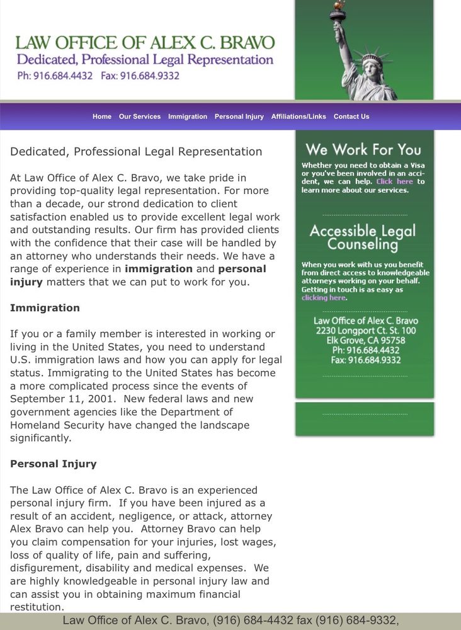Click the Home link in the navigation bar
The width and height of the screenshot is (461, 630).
coord(101,117)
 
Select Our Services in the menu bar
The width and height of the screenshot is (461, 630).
coord(140,117)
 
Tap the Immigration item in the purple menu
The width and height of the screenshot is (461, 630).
coord(188,117)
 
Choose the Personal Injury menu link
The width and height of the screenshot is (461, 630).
coord(239,117)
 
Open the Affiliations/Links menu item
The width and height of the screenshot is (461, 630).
coord(299,117)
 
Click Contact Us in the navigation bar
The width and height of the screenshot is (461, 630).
coord(351,117)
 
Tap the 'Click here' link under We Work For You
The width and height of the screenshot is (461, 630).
coord(394,181)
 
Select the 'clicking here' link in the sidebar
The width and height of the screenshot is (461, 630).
coord(324,298)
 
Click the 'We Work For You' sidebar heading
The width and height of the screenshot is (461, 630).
coord(363,150)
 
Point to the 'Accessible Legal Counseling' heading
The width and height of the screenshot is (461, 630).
coord(363,238)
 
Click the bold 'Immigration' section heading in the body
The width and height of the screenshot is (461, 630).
coord(45,308)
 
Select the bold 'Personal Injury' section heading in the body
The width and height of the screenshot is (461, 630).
coord(54,464)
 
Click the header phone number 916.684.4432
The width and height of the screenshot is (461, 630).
coord(55,76)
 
